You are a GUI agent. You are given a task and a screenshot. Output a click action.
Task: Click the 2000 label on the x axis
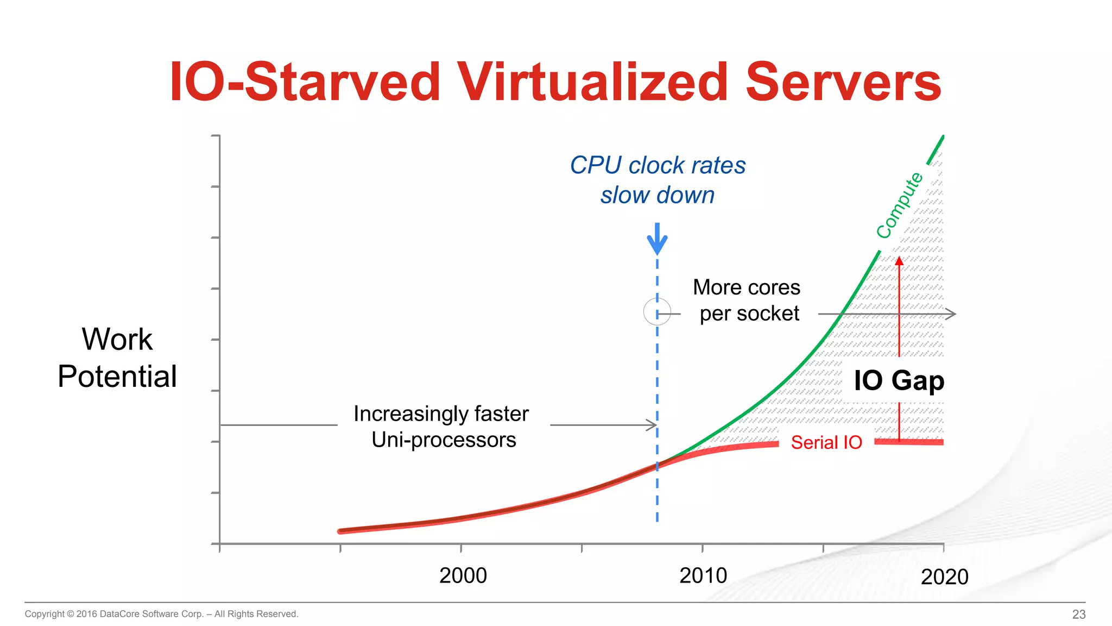point(463,575)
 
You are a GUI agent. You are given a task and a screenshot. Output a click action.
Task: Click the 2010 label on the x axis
point(703,575)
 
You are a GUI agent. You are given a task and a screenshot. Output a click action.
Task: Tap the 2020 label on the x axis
point(944,577)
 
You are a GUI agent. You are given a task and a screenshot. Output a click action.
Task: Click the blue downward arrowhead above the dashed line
point(657,245)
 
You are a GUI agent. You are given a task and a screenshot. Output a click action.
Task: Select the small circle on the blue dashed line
point(657,312)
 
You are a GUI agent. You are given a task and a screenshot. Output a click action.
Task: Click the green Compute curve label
point(900,205)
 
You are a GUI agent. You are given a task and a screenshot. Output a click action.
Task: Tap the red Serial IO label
point(826,442)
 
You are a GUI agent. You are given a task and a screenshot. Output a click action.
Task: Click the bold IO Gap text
point(899,380)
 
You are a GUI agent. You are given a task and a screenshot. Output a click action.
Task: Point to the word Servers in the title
point(843,83)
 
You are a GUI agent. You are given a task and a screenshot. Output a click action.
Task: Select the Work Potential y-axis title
point(117,358)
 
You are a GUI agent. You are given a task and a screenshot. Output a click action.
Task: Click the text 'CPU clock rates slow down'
point(658,180)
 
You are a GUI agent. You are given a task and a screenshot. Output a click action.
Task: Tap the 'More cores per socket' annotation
point(748,300)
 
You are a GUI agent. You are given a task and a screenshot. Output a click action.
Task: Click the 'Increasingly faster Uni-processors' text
point(442,427)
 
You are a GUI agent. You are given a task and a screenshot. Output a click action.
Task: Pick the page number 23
point(1078,614)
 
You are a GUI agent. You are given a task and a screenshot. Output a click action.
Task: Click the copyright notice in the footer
point(161,614)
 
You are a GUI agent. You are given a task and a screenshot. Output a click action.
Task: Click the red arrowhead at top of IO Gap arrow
point(899,261)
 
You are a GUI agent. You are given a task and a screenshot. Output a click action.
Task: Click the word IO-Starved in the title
point(305,83)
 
